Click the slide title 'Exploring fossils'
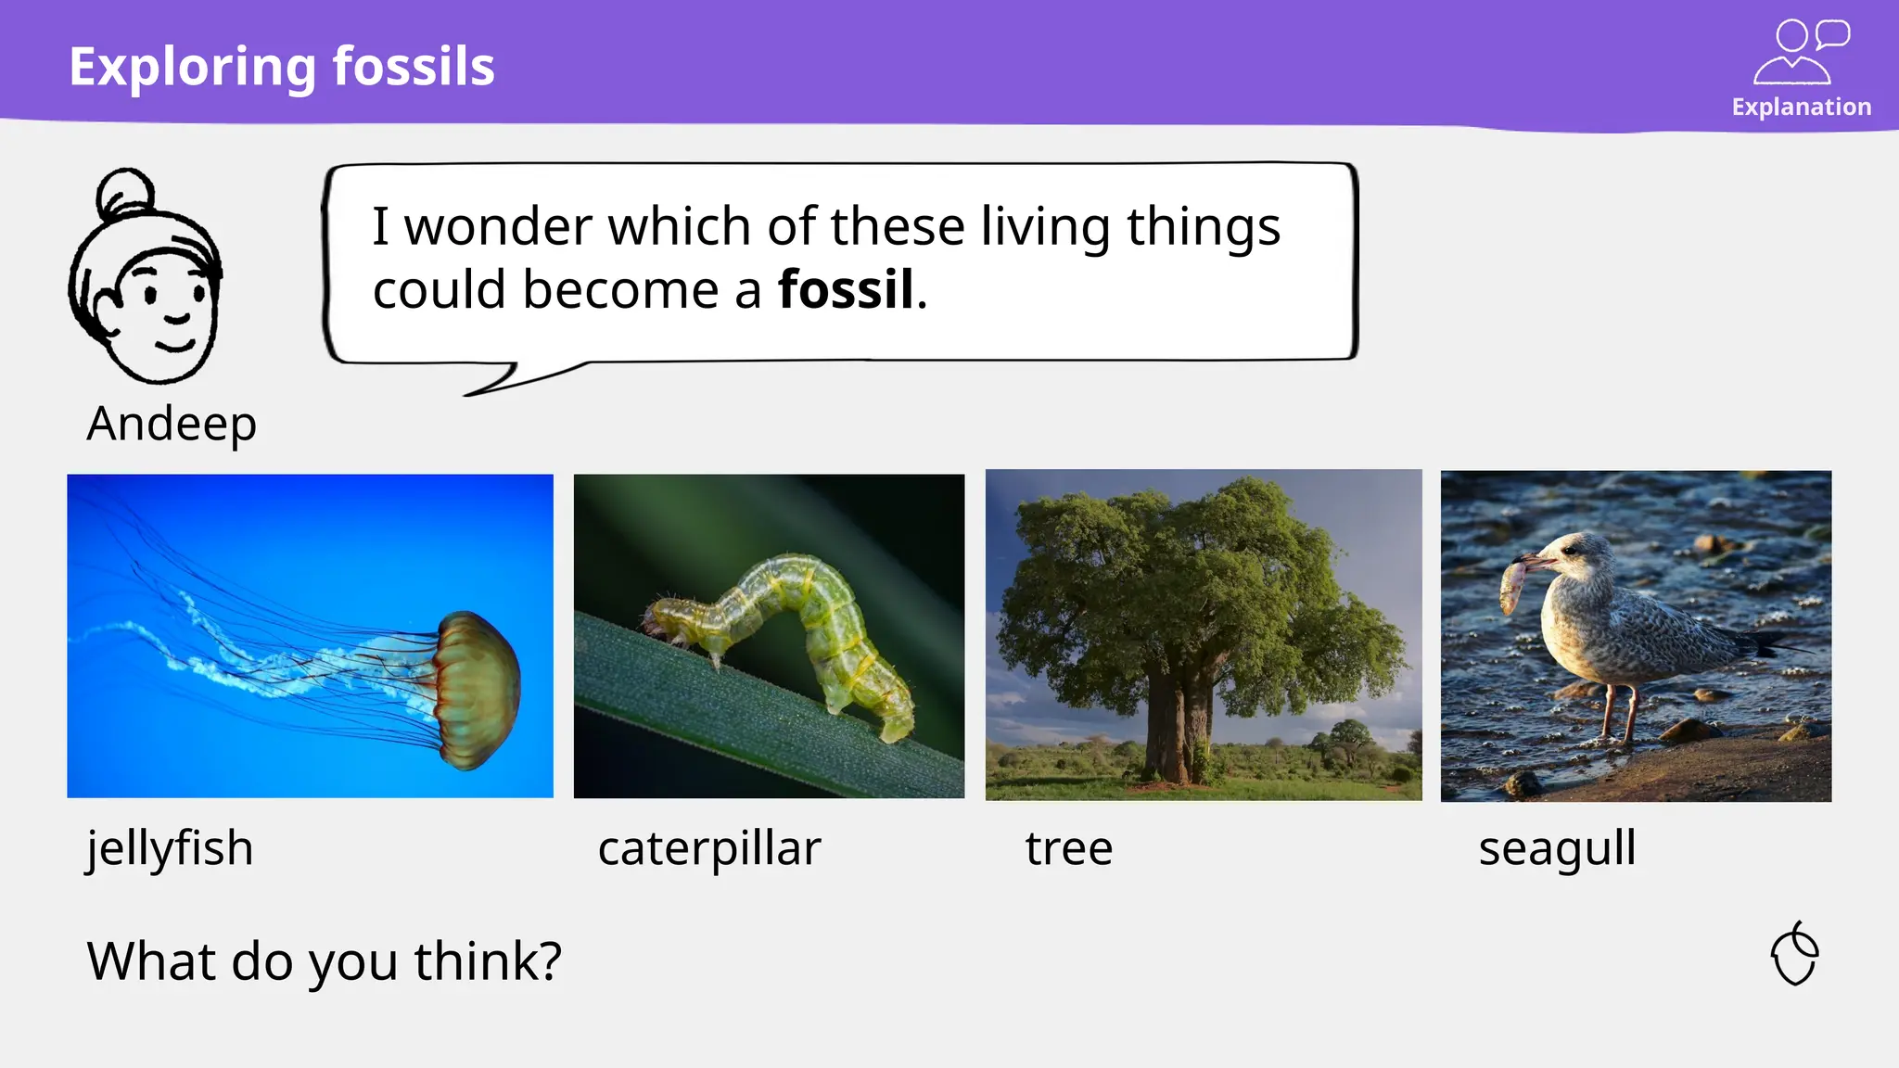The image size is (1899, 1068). coord(282,67)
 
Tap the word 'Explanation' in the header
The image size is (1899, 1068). coord(1801,108)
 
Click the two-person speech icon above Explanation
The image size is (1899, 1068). coord(1801,52)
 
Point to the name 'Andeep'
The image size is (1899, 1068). coord(172,425)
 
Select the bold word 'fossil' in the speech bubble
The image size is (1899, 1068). coord(846,289)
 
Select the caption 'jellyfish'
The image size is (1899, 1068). coord(170,848)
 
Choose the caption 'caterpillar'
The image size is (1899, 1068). coord(709,848)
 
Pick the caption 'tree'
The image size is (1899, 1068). coord(1068,848)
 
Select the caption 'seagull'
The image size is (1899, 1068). coord(1557,848)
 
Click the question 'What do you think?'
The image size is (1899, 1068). coord(325,961)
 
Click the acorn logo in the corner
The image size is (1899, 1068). coord(1795,954)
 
